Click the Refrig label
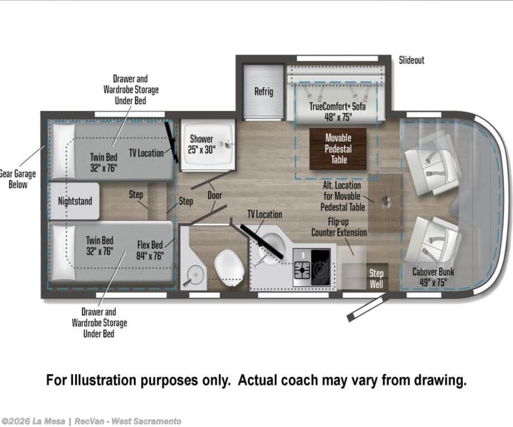(264, 91)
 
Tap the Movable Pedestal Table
(338, 149)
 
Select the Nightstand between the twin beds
(74, 201)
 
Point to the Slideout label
(412, 60)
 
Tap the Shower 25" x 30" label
(201, 144)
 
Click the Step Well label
(376, 278)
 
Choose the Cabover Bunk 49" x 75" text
(433, 277)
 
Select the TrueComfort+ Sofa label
(338, 106)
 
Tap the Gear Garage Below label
(17, 179)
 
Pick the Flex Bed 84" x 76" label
(150, 251)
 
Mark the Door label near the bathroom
(215, 195)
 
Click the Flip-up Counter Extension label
(339, 227)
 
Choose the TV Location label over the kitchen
(265, 214)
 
